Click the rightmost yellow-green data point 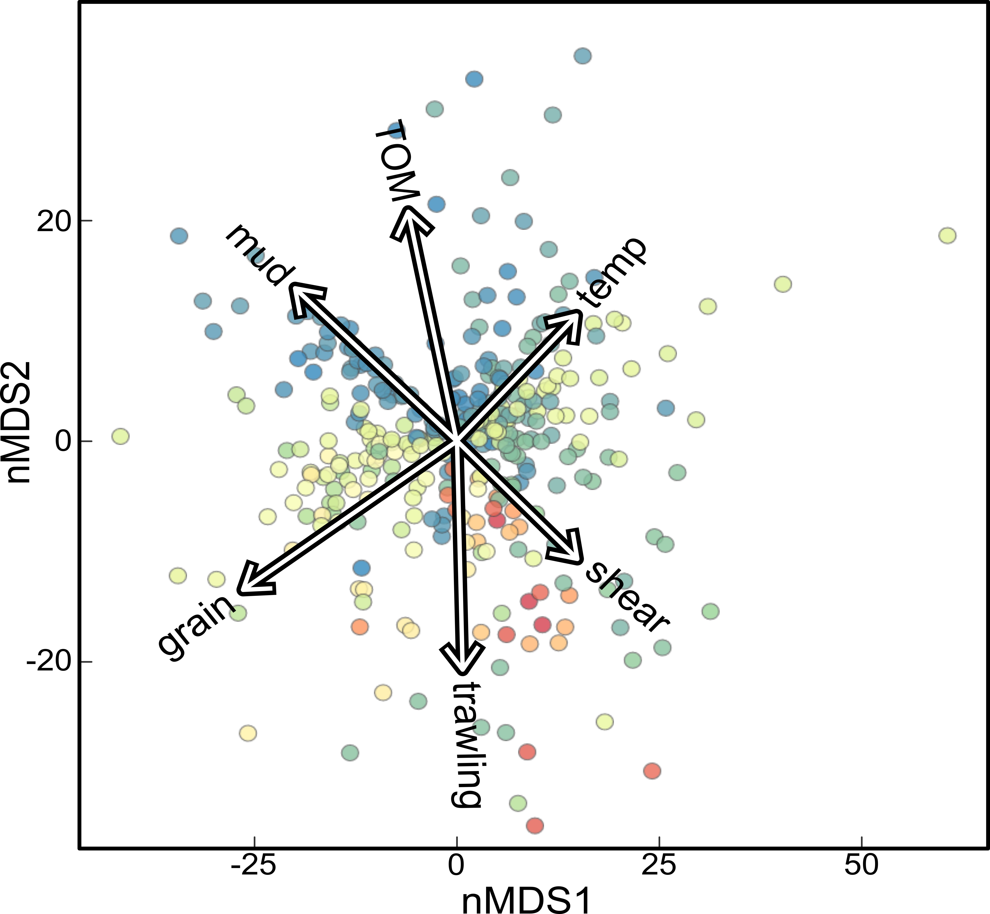tap(947, 235)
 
